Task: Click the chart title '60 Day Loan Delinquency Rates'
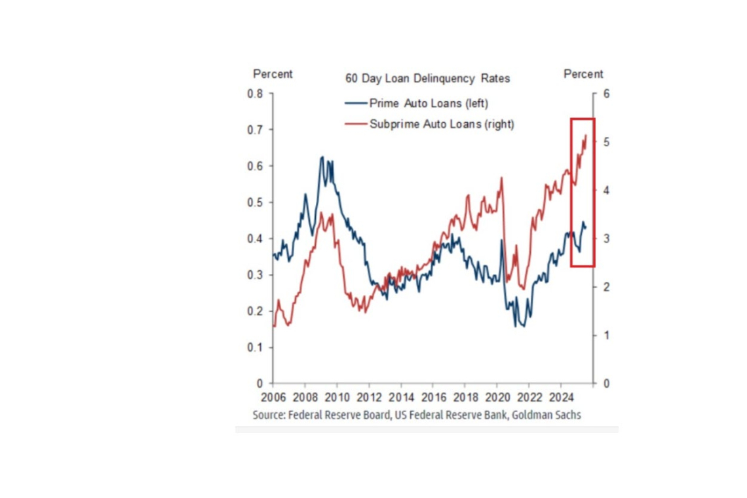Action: (x=427, y=78)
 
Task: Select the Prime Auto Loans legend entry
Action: (x=429, y=104)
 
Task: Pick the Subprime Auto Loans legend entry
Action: (x=442, y=124)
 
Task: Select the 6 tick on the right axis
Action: (x=606, y=93)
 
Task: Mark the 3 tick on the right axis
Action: (x=606, y=239)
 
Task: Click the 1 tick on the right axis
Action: (x=606, y=335)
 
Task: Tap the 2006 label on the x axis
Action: (x=273, y=397)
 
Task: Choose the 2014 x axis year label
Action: (x=401, y=397)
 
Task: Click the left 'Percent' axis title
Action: (x=273, y=74)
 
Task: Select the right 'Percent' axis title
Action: (x=583, y=74)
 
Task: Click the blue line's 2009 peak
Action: (x=322, y=157)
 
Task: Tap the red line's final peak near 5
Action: (x=586, y=135)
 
